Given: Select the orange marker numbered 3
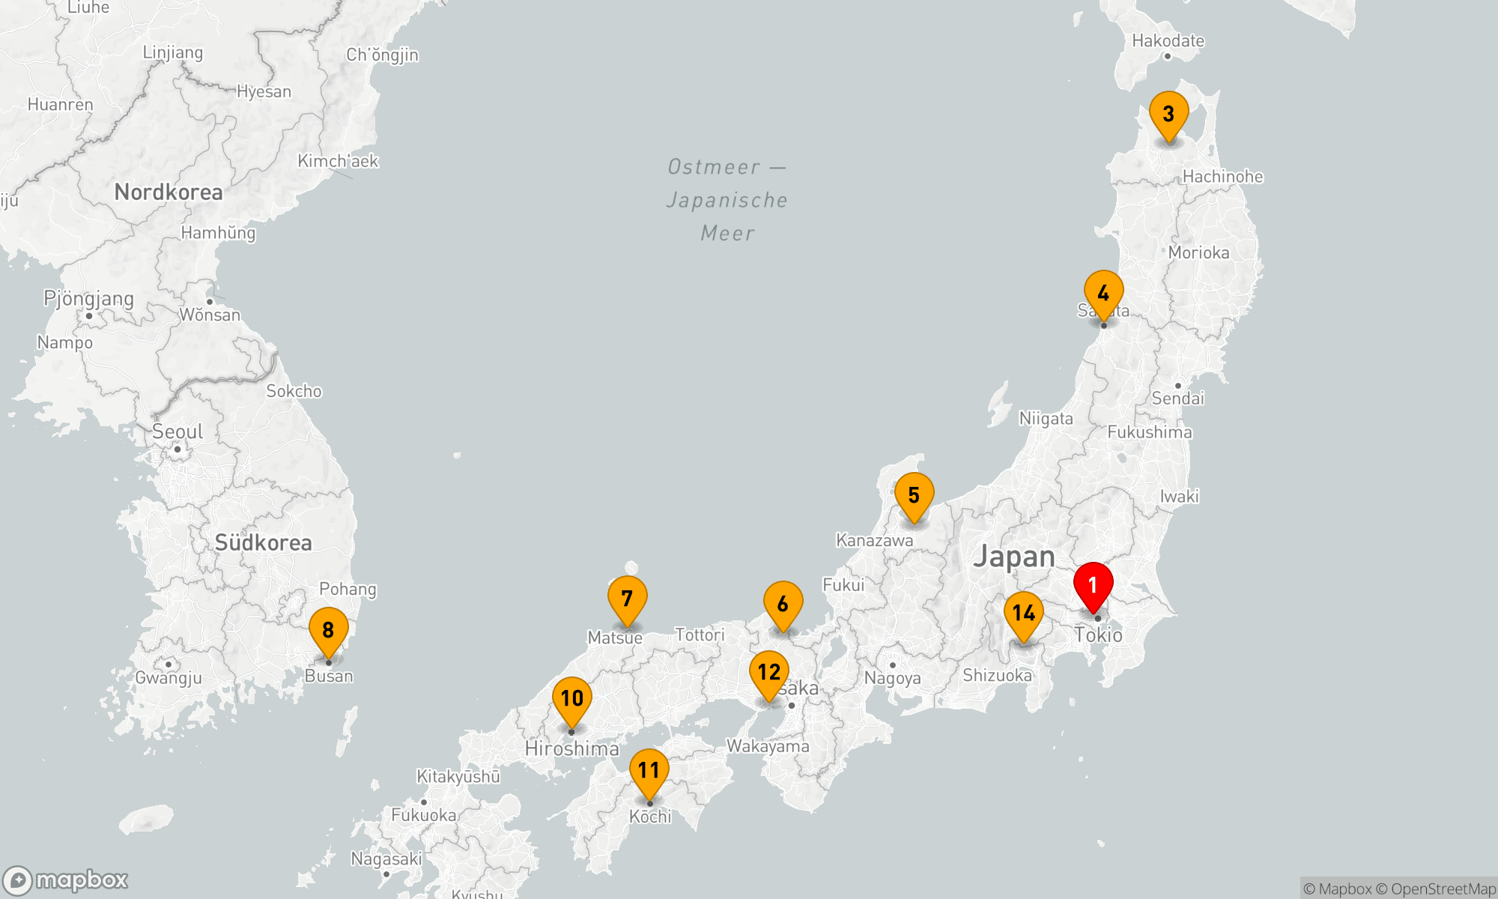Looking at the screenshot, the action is point(1168,115).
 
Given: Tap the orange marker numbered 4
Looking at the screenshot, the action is point(1103,294).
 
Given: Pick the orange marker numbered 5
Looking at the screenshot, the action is point(914,496).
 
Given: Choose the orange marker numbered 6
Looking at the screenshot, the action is point(783,605).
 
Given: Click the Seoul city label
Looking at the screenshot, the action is point(178,432).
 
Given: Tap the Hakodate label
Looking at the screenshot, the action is point(1168,41).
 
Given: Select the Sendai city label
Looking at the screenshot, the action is point(1177,399).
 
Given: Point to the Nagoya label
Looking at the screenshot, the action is point(892,678).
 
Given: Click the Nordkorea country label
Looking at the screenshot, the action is point(169,193).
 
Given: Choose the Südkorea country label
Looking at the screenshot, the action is point(263,543).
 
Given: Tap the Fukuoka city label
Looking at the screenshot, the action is point(423,815).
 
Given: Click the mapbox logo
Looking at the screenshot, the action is point(66,880).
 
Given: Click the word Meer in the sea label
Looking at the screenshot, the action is point(727,234).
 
